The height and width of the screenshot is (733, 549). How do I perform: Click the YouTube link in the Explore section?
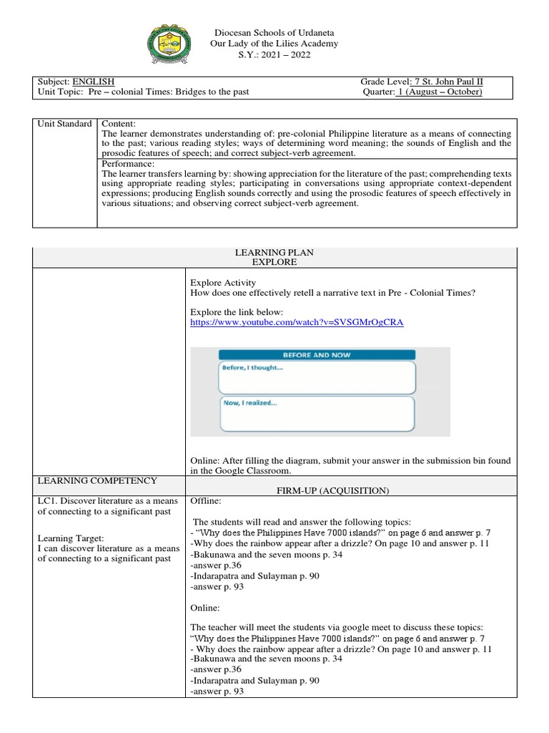click(297, 322)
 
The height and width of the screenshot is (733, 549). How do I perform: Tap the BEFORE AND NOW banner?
click(316, 354)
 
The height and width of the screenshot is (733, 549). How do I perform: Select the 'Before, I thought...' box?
click(316, 377)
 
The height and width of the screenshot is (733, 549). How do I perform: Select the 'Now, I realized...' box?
click(316, 412)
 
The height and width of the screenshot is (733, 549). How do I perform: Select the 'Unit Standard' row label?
click(64, 124)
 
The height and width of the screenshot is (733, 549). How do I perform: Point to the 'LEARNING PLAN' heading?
click(274, 253)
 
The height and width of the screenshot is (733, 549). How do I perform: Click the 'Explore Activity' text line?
click(222, 283)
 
